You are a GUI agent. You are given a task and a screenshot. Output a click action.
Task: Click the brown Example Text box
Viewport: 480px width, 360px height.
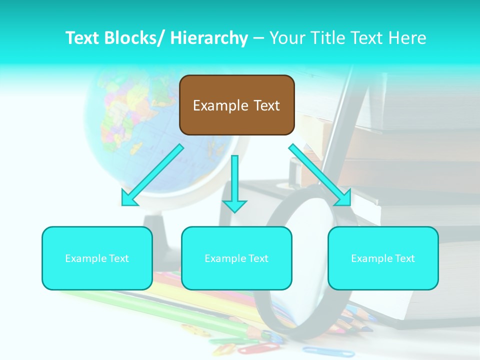236,105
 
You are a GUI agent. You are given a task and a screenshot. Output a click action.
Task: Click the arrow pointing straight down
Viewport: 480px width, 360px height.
234,185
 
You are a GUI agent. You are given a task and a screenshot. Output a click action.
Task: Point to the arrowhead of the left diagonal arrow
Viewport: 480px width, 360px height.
129,199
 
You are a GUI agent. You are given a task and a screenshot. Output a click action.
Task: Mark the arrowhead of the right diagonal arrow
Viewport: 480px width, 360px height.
344,198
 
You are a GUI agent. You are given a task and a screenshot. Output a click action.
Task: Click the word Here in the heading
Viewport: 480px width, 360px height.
407,38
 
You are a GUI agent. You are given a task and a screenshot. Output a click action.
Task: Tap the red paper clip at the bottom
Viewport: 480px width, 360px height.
252,349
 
